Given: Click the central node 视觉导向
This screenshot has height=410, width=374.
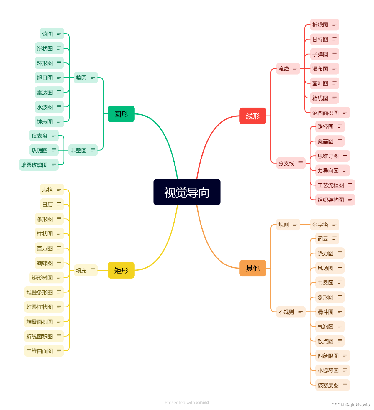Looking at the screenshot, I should [187, 192].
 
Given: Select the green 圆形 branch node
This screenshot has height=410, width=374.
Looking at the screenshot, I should [121, 114].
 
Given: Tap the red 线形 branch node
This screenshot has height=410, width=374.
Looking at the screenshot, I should [253, 116].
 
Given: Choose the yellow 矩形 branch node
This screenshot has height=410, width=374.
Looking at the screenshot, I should [121, 270].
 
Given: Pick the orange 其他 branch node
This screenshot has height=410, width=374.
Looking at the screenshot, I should [253, 268].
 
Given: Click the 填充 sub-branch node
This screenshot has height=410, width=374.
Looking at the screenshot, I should [81, 270].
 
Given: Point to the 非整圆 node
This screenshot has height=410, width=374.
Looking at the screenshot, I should [79, 150].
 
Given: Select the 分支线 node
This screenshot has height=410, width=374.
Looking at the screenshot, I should [286, 163].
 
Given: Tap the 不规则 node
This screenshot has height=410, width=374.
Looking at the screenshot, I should [286, 312].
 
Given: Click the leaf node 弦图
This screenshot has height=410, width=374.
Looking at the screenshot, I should [47, 34].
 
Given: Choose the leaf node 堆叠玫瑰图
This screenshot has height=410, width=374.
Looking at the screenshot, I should [34, 165].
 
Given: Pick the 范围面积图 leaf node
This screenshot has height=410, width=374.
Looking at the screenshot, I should [325, 113].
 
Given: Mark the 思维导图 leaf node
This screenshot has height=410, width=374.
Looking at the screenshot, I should [328, 156].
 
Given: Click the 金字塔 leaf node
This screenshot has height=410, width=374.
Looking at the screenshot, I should [320, 225].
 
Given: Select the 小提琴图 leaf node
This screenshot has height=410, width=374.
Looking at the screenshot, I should [328, 371].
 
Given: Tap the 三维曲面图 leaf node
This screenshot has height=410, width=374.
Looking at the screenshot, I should [40, 351].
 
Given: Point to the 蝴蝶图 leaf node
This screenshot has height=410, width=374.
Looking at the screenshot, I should [45, 263].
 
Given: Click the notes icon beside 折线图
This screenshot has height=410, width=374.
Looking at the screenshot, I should [334, 24].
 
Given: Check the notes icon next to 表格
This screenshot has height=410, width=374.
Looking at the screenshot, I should [59, 190].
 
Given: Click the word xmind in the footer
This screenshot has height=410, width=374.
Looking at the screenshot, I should [203, 403].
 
